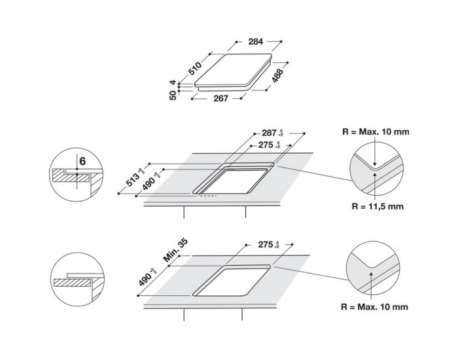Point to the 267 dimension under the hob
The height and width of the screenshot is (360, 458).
pyautogui.click(x=220, y=99)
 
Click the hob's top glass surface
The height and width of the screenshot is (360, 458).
pyautogui.click(x=232, y=74)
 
